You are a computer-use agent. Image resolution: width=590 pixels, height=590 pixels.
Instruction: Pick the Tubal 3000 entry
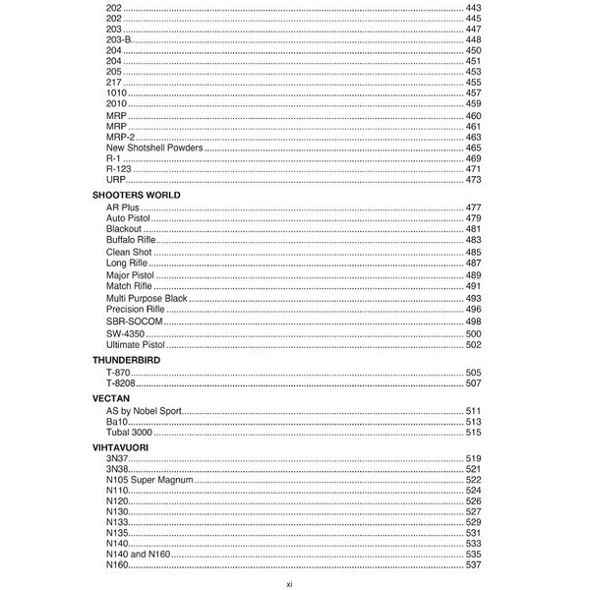129,433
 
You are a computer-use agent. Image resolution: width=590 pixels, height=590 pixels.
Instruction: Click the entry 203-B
117,39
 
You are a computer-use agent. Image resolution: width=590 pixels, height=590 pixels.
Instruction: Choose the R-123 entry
117,169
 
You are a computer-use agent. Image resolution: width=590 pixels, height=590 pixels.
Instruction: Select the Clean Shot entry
128,252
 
